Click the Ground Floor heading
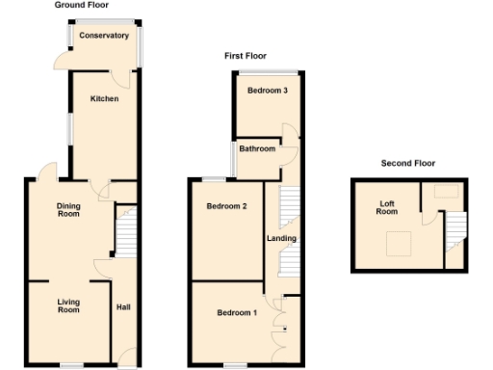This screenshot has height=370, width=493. coord(81,6)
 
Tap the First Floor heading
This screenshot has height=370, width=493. coord(246,56)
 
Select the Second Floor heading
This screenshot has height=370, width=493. coord(408,163)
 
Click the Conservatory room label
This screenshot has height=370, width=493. coord(104,36)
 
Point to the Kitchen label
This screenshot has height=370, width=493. coord(104,99)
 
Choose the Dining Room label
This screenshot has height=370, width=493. coord(67,209)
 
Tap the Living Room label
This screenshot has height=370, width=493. coord(67,306)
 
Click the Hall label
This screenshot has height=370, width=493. coord(123,307)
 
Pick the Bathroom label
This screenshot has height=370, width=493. coord(257,148)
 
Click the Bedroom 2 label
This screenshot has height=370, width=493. coord(227,206)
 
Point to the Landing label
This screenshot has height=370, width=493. coord(282,239)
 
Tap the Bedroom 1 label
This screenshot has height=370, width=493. coord(236,313)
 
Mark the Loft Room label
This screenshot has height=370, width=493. coord(387,207)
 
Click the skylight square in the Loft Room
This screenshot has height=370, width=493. coord(398,245)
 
